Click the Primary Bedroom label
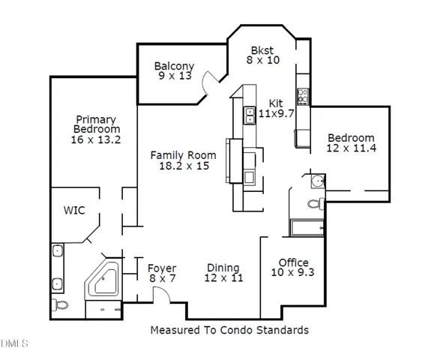94,124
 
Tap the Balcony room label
174,66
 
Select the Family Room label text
183,155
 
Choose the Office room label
293,262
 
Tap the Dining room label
223,268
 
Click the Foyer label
161,268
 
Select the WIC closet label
73,211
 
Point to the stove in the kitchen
304,96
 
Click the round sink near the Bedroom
318,181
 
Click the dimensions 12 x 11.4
350,148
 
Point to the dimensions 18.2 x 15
183,166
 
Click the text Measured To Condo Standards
229,329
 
